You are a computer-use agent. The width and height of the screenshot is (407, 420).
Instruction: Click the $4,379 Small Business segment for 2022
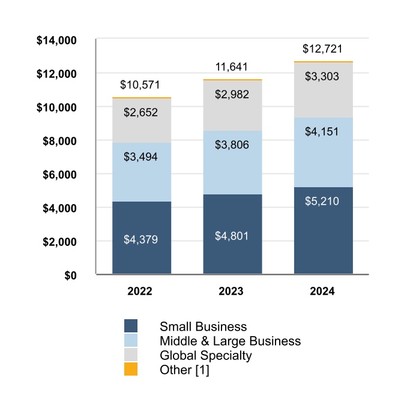(142, 238)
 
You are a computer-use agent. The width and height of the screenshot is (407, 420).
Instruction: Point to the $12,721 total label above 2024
(323, 49)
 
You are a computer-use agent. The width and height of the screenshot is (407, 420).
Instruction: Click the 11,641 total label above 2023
(232, 67)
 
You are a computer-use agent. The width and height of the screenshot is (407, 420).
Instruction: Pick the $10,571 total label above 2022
(140, 85)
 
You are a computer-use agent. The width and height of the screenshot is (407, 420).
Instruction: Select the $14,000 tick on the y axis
(56, 41)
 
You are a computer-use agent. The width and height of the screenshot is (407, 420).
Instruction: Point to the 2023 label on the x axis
(231, 292)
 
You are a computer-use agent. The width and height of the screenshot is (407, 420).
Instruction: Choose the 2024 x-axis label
(322, 292)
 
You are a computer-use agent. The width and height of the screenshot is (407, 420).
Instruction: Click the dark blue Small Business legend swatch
(130, 326)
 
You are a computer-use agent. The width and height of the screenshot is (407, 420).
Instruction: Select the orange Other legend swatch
(130, 370)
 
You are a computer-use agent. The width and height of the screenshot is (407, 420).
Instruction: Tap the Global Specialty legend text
(205, 355)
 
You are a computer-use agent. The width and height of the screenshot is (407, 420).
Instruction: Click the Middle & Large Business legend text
(230, 341)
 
